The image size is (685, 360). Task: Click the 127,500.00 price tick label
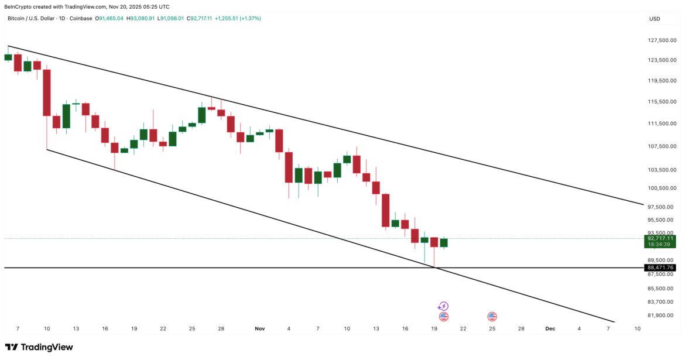(x=662, y=40)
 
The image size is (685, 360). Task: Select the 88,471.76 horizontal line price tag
(x=661, y=268)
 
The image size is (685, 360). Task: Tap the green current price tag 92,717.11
(x=661, y=238)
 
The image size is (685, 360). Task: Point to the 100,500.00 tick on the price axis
(x=662, y=188)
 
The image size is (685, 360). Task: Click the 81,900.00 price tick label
(x=662, y=316)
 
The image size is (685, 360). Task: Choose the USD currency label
(x=655, y=19)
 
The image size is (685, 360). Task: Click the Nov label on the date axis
(x=260, y=329)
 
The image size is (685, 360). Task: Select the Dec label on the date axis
(x=550, y=329)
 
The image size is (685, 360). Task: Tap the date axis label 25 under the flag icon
(x=492, y=329)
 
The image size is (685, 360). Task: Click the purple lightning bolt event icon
(x=443, y=306)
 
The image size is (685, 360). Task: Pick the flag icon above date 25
(x=492, y=317)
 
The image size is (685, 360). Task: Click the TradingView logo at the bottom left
(x=39, y=347)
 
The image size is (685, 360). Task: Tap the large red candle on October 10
(x=47, y=92)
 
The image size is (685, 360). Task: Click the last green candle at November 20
(x=444, y=242)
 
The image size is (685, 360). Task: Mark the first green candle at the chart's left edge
(x=8, y=57)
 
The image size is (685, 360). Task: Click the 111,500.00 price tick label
(x=662, y=124)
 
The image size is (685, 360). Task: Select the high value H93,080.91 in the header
(x=145, y=19)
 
